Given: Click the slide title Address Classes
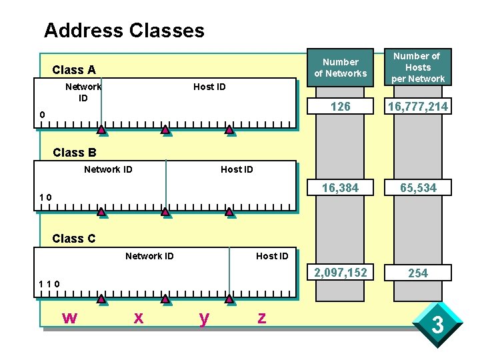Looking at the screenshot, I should click(x=124, y=30).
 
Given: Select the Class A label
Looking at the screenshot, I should click(x=74, y=69).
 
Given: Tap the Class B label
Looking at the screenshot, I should click(x=74, y=153).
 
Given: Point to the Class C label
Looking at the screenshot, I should click(x=73, y=239).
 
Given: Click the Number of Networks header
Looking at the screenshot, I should click(x=341, y=67).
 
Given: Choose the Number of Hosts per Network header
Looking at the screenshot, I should click(x=418, y=67).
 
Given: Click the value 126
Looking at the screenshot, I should click(x=341, y=107).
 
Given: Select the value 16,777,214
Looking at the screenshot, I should click(x=418, y=107).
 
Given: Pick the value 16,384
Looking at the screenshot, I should click(x=341, y=188).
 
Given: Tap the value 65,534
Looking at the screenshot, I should click(x=418, y=188).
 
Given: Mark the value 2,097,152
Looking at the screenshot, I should click(x=341, y=273).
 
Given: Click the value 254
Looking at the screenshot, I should click(x=418, y=273).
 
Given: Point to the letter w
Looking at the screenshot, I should click(x=69, y=319).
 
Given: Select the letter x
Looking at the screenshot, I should click(x=138, y=319).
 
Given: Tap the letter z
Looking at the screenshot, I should click(x=261, y=319).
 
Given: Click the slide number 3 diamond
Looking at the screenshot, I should click(x=437, y=326).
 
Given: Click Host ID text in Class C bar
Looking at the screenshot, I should click(x=272, y=256).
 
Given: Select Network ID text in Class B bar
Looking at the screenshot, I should click(x=108, y=169).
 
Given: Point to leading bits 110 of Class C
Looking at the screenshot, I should click(x=49, y=284).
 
